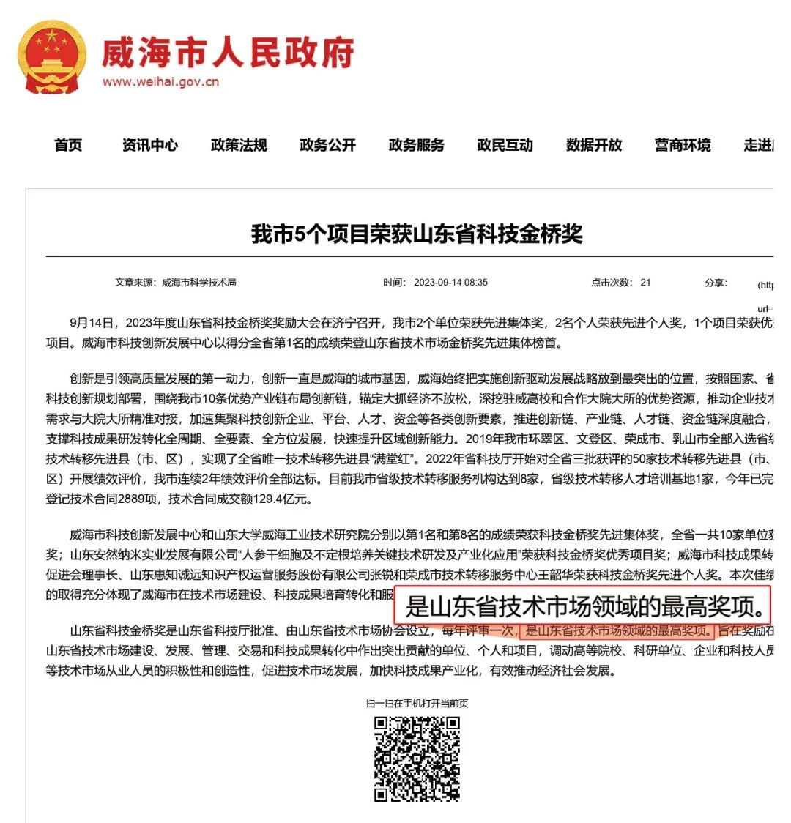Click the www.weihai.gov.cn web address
160,81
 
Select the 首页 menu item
68,145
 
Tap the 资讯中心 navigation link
149,145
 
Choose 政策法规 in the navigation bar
239,145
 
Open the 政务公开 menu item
327,145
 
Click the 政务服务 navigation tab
416,145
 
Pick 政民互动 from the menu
505,145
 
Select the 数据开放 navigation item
593,145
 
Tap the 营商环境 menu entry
683,145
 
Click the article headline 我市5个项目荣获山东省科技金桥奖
417,234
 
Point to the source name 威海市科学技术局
198,283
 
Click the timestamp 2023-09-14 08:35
450,283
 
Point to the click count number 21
645,283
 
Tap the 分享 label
715,283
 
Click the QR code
417,759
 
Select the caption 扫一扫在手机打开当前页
417,704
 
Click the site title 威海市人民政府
228,52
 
